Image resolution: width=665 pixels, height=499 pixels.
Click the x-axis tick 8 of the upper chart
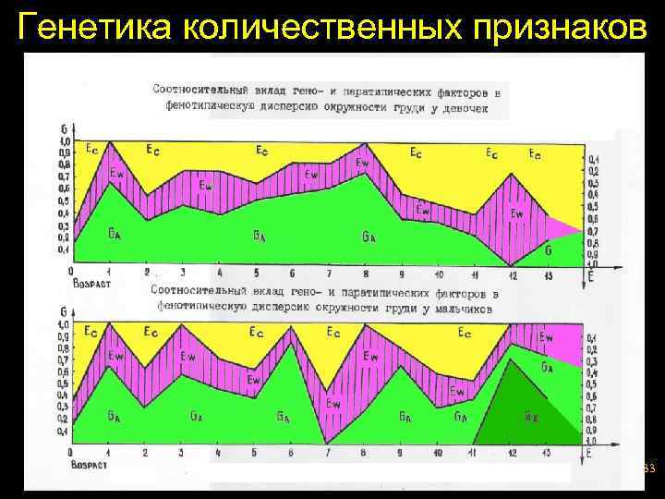[366, 274]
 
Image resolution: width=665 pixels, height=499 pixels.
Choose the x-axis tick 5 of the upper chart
[256, 274]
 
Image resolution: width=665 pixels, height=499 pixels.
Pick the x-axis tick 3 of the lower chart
[182, 454]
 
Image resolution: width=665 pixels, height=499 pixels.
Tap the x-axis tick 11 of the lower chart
[473, 454]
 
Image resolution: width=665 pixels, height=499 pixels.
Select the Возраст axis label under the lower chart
[89, 465]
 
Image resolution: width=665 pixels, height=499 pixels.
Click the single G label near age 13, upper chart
[549, 249]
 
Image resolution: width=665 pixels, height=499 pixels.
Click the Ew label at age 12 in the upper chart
[516, 214]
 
